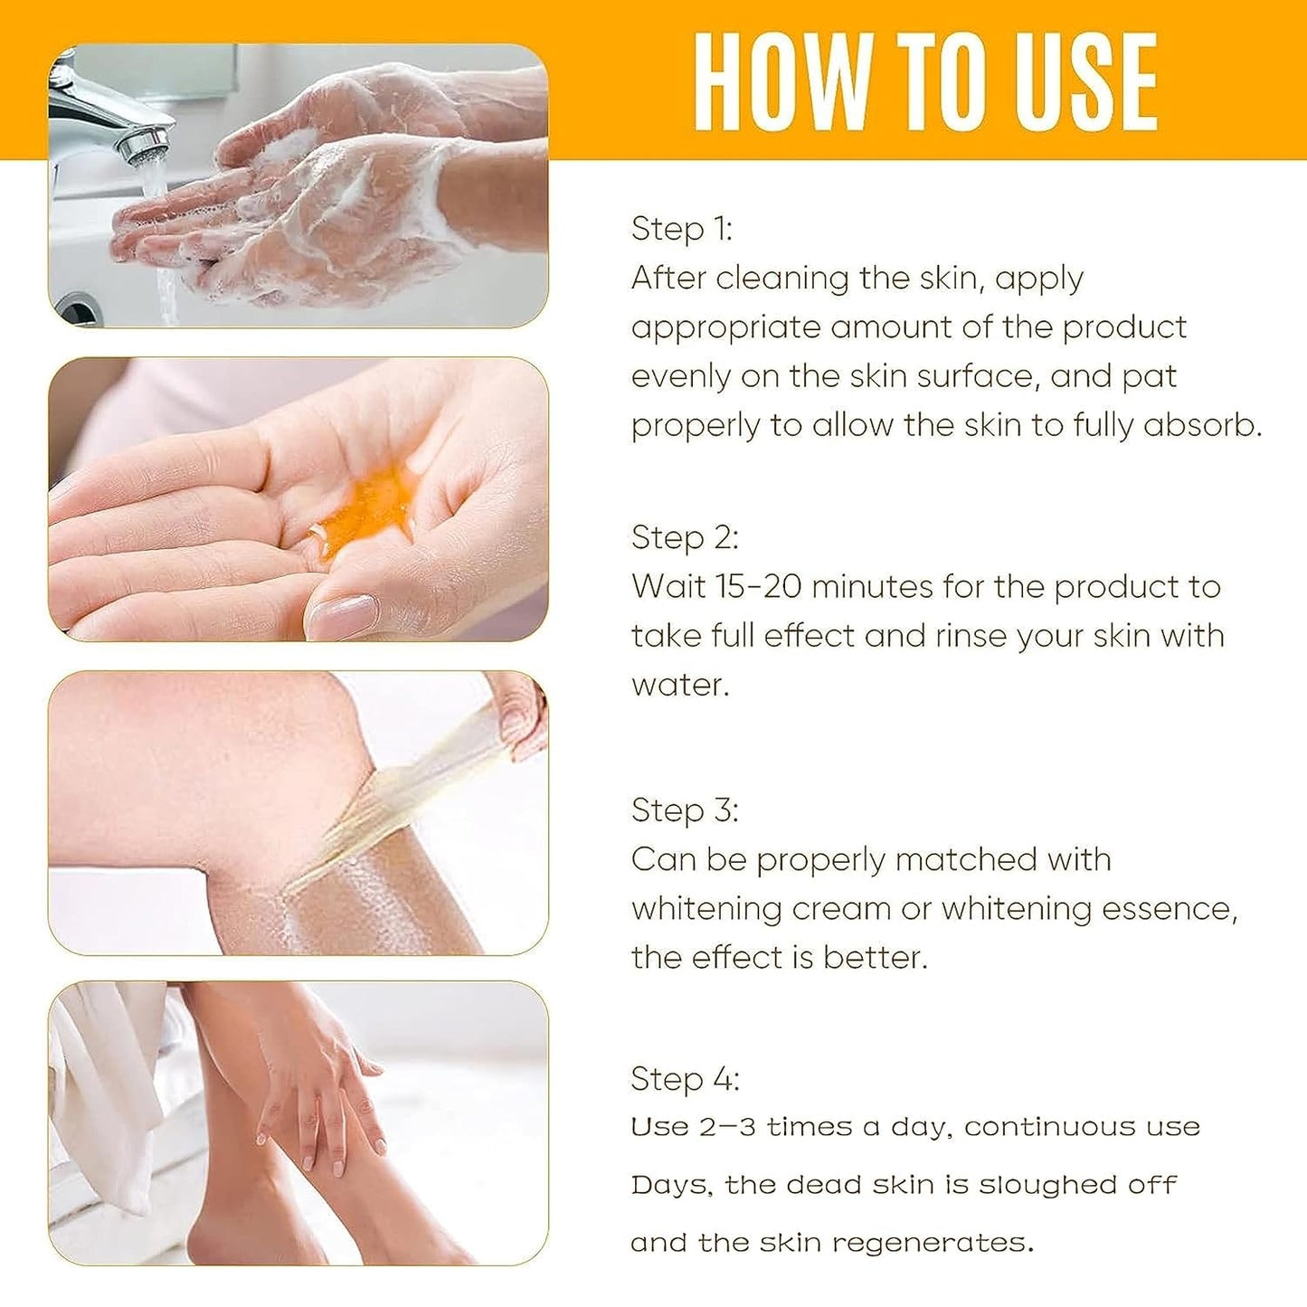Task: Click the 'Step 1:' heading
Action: coord(682,229)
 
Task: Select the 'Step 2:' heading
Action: coord(685,538)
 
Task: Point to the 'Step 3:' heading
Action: coord(685,810)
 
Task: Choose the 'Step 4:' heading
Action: coord(685,1079)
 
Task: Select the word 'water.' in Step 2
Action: coord(680,685)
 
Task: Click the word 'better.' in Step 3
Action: coord(875,958)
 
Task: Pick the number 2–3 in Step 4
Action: coord(727,1127)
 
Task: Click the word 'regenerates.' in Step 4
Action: coord(933,1244)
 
